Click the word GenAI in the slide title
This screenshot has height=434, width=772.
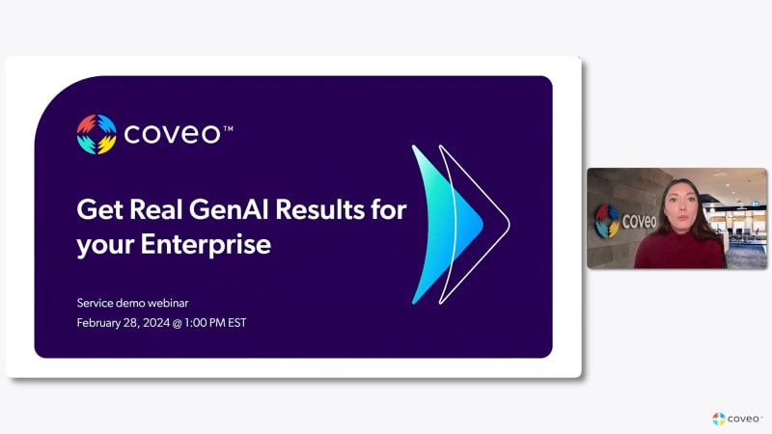tap(229, 209)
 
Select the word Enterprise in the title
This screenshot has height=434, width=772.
tap(206, 244)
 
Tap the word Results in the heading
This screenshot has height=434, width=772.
tap(320, 209)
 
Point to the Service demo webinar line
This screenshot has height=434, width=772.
tap(132, 303)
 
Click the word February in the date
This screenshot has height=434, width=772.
tap(98, 323)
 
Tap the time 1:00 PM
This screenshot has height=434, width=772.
tap(205, 323)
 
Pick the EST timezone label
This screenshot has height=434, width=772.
tap(237, 323)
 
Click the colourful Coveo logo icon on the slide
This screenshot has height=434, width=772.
tap(96, 134)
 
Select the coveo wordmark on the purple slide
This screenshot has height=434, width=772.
tap(172, 134)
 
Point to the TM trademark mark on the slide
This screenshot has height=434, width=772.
tap(228, 129)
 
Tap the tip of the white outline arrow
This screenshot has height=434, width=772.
tap(510, 225)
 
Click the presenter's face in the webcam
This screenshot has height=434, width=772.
tap(682, 208)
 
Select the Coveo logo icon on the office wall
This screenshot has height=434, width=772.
tap(607, 221)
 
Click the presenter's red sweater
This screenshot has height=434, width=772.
tap(678, 250)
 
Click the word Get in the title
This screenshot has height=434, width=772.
tap(100, 209)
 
